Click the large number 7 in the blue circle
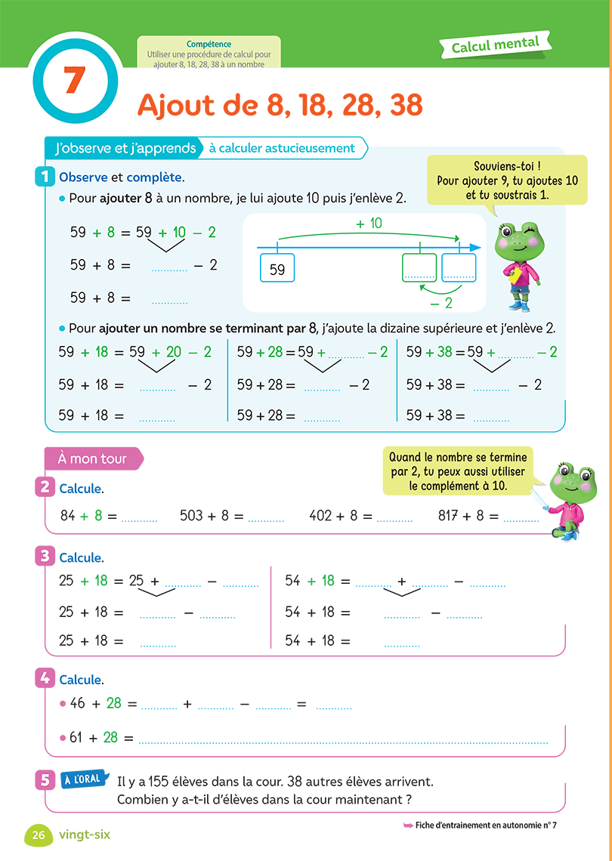73,80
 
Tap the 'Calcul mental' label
496,46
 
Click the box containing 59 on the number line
277,269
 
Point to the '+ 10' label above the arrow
369,224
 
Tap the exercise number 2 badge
45,487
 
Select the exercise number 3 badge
45,557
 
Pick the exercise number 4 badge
45,678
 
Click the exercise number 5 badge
45,780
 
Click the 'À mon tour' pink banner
93,458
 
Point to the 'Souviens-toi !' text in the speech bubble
507,166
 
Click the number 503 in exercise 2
192,516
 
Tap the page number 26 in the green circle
39,835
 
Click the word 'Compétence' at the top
209,45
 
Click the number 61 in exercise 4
77,737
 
